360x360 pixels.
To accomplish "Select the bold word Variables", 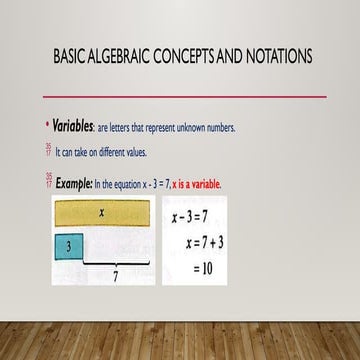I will click(72, 127).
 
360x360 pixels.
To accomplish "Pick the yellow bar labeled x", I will click(102, 213).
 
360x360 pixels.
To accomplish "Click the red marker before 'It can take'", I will click(49, 152).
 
